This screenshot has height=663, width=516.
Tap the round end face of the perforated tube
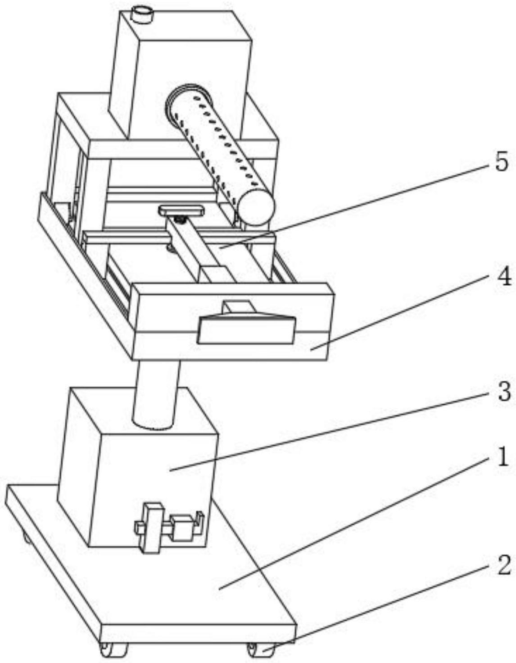pyautogui.click(x=256, y=207)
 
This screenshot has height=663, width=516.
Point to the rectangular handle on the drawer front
pyautogui.click(x=246, y=330)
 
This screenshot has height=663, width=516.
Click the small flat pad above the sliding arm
pyautogui.click(x=181, y=210)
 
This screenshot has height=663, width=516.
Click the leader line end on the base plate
pyautogui.click(x=219, y=589)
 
